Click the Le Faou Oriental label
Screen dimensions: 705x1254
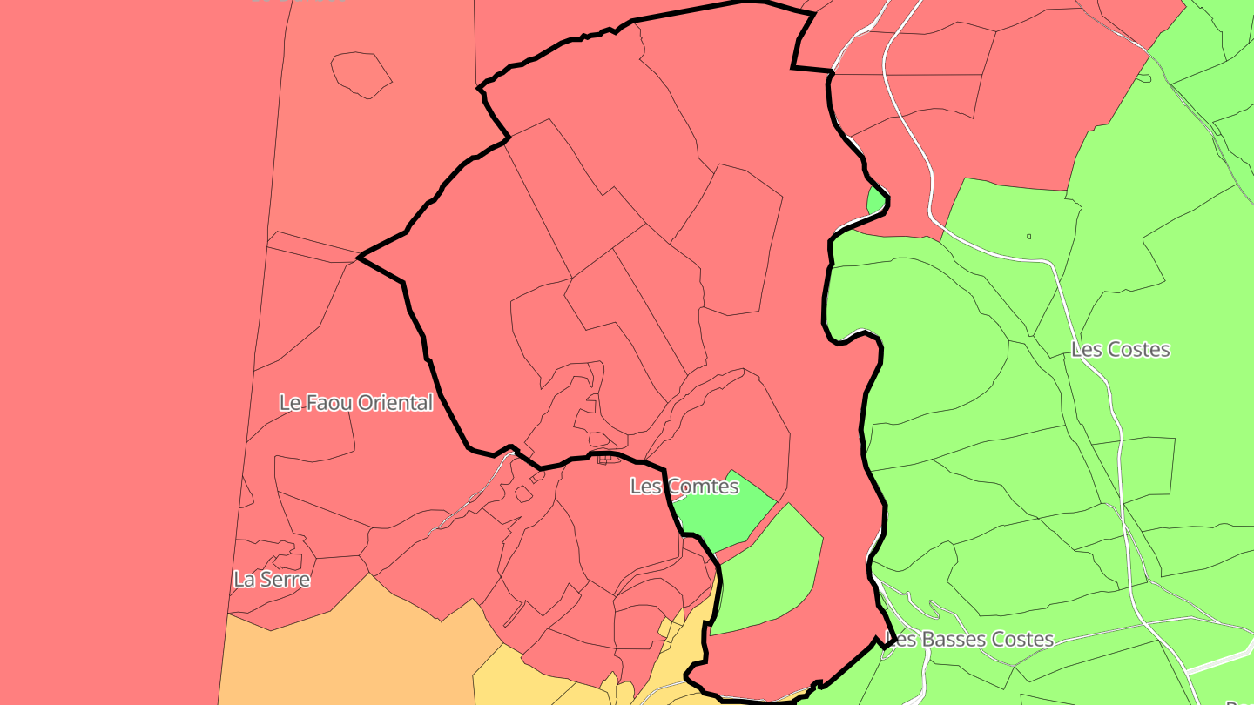[x=355, y=403]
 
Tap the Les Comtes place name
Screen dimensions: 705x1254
[x=684, y=487]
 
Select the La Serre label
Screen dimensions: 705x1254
[x=272, y=579]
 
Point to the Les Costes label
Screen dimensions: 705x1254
[x=1120, y=350]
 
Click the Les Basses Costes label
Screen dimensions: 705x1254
[x=968, y=640]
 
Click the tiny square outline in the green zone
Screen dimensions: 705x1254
[x=1028, y=236]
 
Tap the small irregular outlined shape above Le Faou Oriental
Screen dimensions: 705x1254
[x=361, y=74]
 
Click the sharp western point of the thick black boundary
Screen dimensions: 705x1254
[x=361, y=257]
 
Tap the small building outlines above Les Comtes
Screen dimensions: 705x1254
[x=603, y=459]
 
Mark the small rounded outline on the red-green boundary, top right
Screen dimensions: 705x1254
[x=1143, y=78]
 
